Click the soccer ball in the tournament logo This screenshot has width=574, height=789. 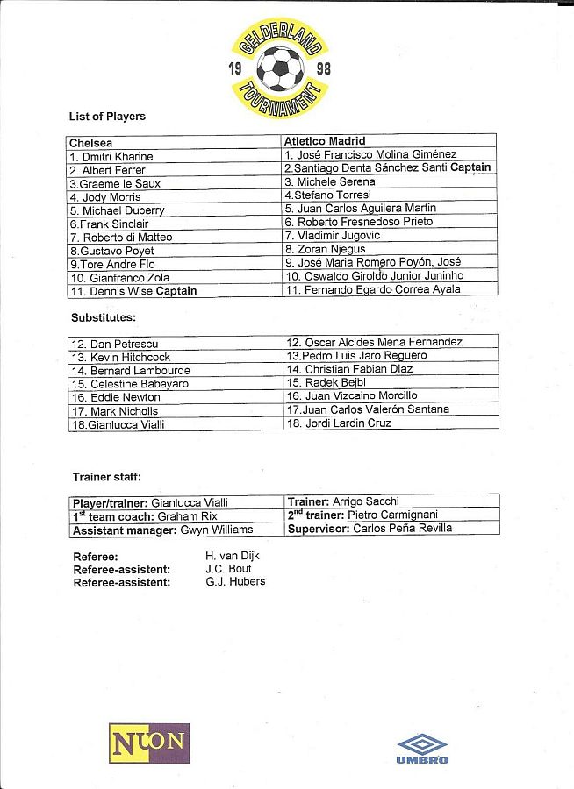click(280, 68)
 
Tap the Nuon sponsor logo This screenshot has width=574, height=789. click(148, 743)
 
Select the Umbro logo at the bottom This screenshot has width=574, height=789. click(422, 748)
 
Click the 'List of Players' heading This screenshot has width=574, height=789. click(107, 117)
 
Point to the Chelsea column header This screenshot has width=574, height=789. click(90, 142)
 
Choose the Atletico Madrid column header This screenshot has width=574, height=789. click(325, 141)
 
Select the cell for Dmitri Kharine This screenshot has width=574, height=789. click(111, 156)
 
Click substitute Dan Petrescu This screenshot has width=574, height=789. click(114, 344)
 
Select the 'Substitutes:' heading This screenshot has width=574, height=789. click(104, 317)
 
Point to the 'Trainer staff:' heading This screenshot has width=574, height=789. click(106, 477)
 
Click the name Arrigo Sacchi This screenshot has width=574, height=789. click(366, 501)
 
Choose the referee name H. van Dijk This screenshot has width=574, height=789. click(232, 556)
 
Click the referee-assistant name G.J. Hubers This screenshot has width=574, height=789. click(234, 581)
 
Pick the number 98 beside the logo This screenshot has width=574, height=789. click(323, 68)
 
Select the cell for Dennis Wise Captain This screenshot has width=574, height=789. click(133, 290)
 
